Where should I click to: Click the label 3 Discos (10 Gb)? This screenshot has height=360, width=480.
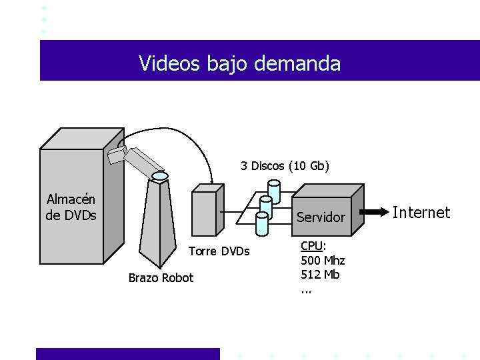285,165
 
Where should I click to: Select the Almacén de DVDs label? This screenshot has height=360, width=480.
71,207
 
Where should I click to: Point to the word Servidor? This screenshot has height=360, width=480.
321,217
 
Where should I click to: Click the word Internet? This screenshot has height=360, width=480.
421,213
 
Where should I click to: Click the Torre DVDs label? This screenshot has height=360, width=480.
219,251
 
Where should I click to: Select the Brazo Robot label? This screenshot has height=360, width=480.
161,278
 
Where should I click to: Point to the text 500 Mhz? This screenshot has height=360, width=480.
323,260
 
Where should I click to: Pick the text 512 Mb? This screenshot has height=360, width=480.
320,274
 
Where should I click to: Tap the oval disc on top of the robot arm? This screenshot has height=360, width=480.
159,177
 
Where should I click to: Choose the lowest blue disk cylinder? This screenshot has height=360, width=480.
261,225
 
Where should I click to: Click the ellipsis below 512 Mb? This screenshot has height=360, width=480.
306,289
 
